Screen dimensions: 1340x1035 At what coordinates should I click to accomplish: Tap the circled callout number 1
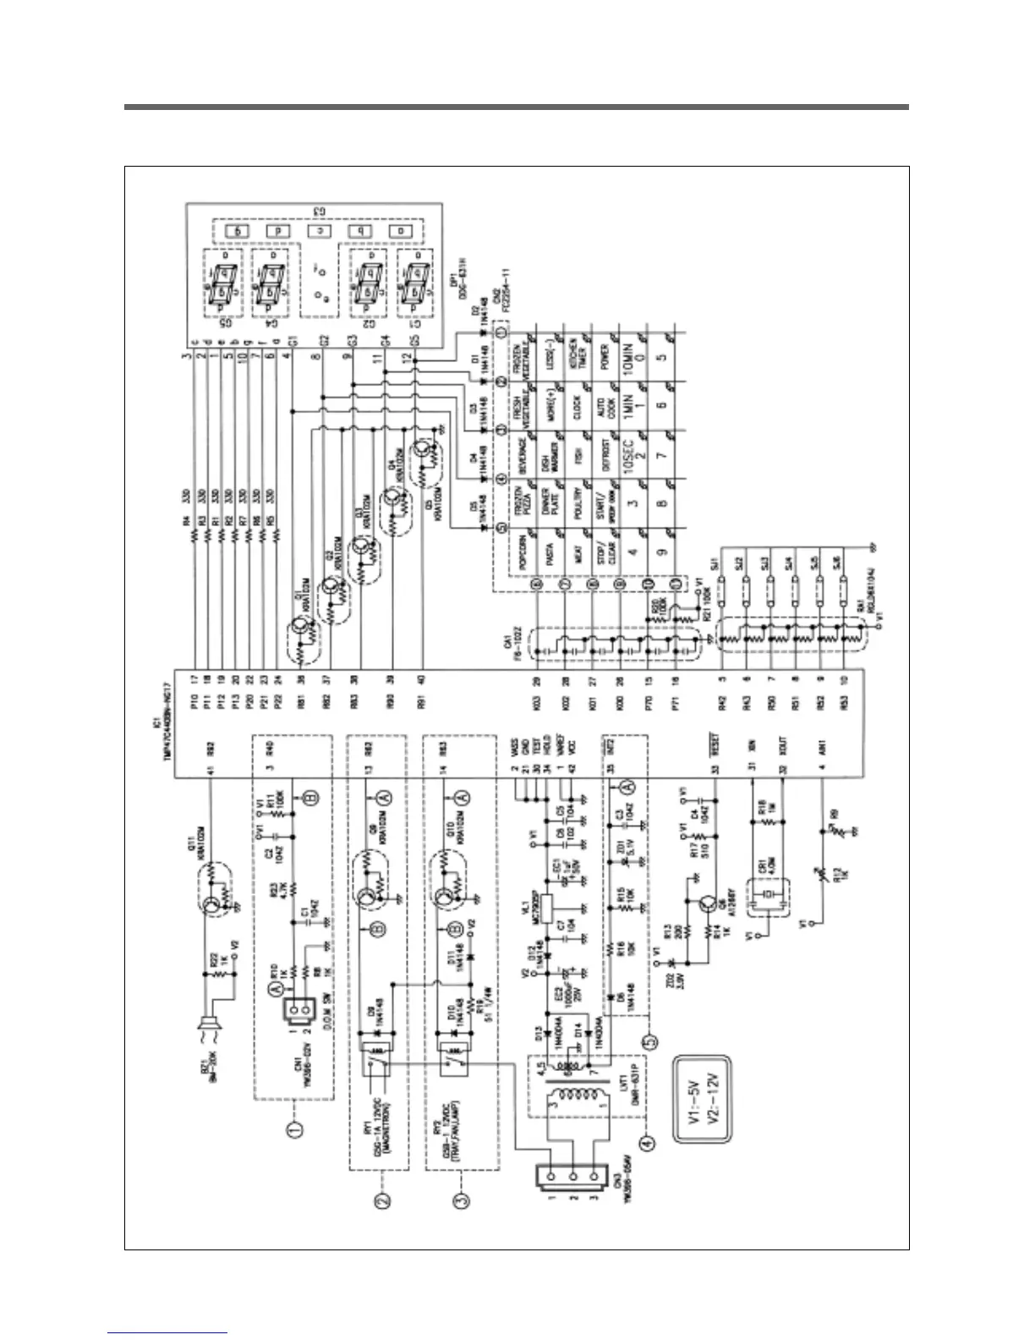297,1128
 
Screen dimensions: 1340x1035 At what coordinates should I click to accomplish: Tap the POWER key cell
609,356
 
